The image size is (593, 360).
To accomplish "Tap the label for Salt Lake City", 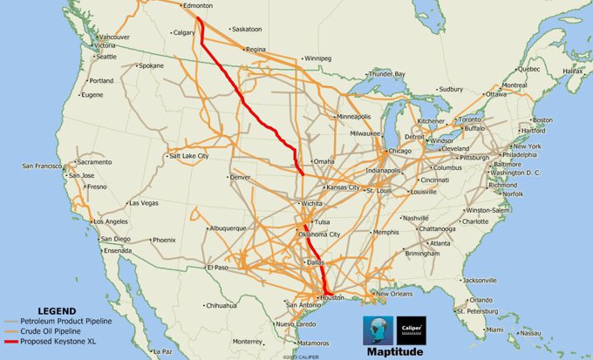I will pos(189,155).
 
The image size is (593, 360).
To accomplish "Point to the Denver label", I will pos(240,177).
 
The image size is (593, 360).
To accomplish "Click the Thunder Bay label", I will pos(388,74).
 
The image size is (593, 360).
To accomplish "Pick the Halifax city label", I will pos(572,71).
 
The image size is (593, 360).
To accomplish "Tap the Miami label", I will pos(496,329).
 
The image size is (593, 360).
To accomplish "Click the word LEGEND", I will pos(57,310).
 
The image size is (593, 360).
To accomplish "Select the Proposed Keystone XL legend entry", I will pos(60,341).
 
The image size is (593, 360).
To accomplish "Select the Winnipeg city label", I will pos(317,58).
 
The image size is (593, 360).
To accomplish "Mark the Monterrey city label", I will pos(248,341).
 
